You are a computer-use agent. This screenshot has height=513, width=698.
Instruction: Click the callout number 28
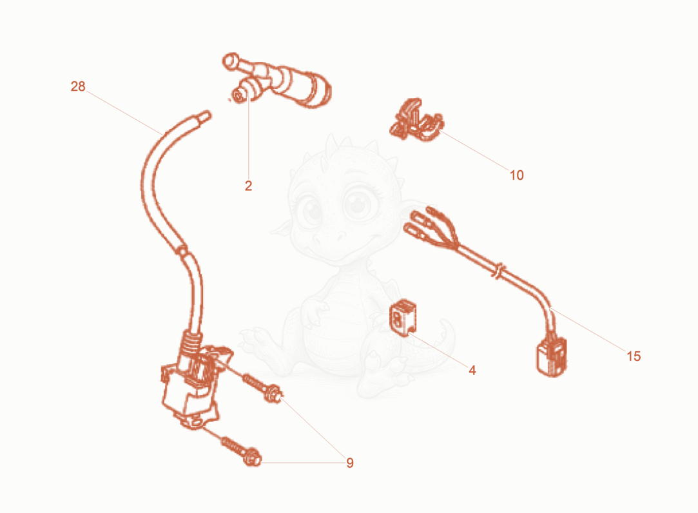(78, 86)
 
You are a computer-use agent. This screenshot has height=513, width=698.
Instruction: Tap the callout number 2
(248, 186)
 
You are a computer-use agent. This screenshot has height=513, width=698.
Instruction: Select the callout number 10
(516, 175)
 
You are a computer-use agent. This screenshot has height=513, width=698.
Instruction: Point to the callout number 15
(634, 356)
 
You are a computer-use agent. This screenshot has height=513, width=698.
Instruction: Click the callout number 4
(472, 370)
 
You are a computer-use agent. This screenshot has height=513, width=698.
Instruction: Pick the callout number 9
(350, 463)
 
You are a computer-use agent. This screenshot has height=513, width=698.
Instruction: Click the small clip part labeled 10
(416, 121)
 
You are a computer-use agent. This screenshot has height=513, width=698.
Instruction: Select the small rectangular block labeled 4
(403, 318)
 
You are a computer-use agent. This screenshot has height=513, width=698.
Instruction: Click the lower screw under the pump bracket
(240, 450)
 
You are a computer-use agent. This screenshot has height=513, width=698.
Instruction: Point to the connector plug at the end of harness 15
(552, 356)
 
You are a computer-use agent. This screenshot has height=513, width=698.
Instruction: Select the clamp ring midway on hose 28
(181, 251)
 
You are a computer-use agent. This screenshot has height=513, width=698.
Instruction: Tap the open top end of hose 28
(205, 116)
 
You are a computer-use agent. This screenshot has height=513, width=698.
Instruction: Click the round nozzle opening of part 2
(239, 95)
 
